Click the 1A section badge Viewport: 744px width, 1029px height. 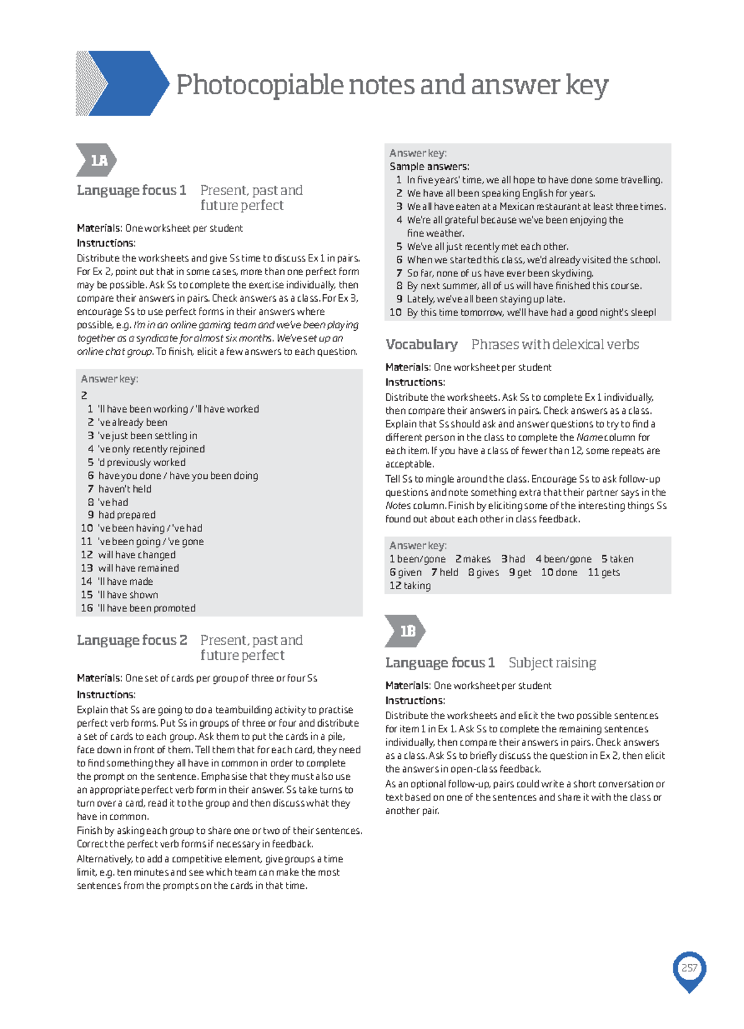[x=96, y=160]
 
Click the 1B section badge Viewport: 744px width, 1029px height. [x=405, y=631]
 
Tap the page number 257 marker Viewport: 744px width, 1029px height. [x=689, y=968]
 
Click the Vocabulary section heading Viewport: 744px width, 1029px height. [x=422, y=344]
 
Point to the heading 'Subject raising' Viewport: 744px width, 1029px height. [x=552, y=663]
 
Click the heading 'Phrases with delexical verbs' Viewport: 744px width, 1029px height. [x=555, y=344]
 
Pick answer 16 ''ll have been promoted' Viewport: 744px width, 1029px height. [x=146, y=608]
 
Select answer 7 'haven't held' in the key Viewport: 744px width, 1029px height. [x=125, y=489]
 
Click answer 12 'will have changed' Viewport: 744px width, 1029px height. [x=136, y=555]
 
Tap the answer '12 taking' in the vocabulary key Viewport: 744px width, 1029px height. [x=410, y=585]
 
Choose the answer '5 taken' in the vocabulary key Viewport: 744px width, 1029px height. [x=617, y=559]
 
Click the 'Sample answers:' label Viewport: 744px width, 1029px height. [x=429, y=166]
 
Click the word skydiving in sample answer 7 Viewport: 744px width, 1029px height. [x=572, y=273]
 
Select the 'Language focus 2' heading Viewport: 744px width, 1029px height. [x=131, y=640]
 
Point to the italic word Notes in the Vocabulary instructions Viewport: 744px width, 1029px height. [x=397, y=506]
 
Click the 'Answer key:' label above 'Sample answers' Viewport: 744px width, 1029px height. [x=418, y=153]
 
